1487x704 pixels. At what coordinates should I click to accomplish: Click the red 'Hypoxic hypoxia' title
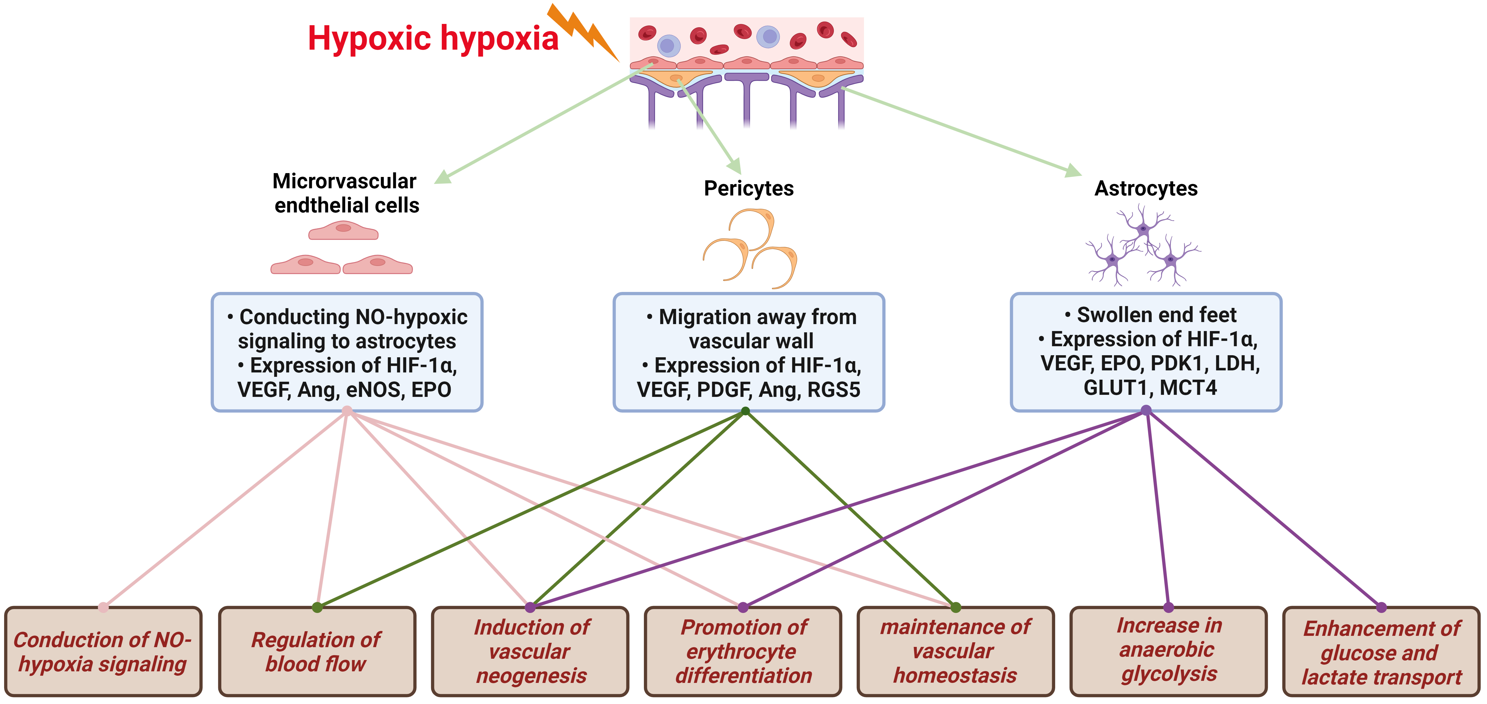[x=433, y=39]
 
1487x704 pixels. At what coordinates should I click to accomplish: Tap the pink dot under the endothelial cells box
[x=347, y=411]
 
